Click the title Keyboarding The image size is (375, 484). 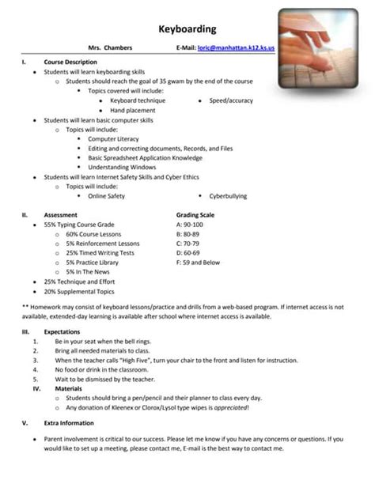tap(187, 29)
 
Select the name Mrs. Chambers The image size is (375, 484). tap(110, 48)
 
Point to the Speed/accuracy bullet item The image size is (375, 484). tap(231, 101)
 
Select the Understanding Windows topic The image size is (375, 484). tap(122, 168)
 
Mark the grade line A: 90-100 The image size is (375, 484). tap(192, 225)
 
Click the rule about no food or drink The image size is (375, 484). tap(101, 369)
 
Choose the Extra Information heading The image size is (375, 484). tap(68, 423)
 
